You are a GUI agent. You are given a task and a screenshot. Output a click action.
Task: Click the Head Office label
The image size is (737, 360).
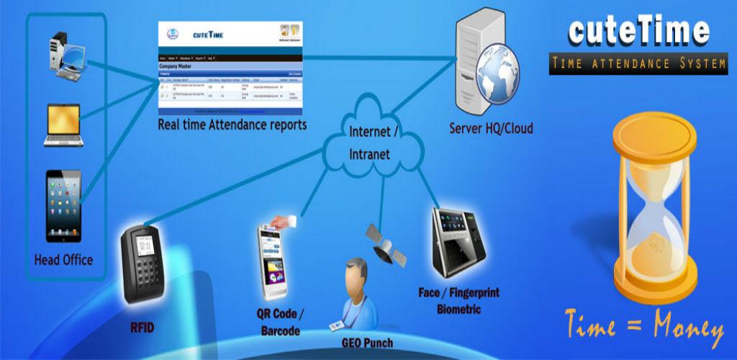point(63,259)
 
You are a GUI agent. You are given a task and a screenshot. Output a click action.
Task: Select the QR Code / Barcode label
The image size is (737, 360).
point(279,322)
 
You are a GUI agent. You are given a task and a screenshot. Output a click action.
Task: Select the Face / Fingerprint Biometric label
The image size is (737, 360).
point(458,301)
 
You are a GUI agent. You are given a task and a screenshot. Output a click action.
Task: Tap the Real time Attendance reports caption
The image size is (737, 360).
point(232,125)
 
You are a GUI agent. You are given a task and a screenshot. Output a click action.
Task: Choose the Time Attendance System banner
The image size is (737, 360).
point(638,64)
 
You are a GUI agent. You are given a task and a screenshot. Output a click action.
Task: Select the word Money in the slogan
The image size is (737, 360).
point(687,329)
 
